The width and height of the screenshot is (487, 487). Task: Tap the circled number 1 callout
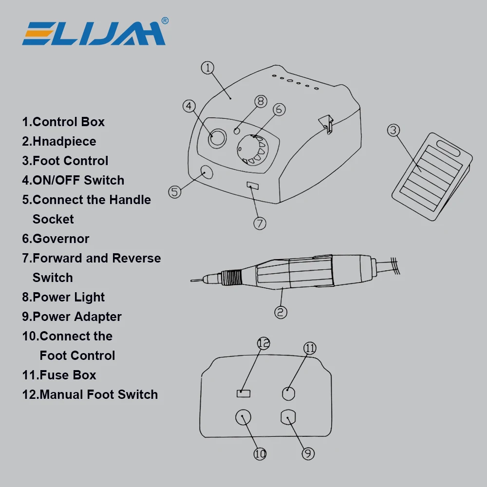(x=208, y=68)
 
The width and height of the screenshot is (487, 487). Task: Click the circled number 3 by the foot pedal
(x=393, y=130)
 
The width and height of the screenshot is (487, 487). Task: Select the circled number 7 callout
(x=260, y=223)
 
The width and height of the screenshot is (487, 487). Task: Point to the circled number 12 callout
(x=263, y=343)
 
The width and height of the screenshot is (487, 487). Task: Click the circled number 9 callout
(x=308, y=453)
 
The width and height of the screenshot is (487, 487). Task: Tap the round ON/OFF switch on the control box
(x=217, y=138)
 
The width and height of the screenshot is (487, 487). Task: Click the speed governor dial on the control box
(x=252, y=150)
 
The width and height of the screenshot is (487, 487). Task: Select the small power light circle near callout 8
(x=237, y=131)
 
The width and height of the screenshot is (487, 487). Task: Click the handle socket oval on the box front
(x=206, y=171)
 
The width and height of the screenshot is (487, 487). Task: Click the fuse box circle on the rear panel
(x=289, y=393)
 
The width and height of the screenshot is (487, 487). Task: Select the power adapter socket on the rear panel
(x=289, y=417)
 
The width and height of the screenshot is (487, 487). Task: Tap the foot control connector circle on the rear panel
(x=243, y=417)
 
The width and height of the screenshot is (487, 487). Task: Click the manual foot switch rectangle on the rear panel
(x=243, y=393)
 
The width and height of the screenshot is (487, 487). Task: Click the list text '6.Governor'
(x=56, y=239)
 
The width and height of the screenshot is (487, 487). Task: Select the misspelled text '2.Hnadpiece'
(x=59, y=141)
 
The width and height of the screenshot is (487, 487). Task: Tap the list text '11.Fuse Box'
(x=59, y=375)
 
